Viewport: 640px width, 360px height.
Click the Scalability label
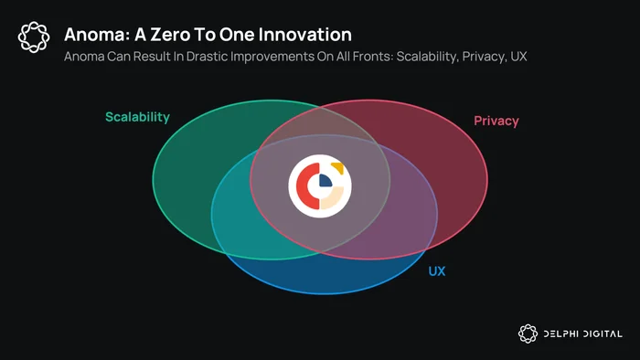tap(137, 118)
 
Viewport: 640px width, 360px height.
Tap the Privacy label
tap(496, 122)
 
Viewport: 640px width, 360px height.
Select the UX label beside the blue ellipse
tap(437, 271)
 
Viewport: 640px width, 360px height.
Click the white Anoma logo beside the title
tap(34, 37)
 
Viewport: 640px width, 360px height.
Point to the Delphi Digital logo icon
tap(528, 334)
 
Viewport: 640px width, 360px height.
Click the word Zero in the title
tap(169, 35)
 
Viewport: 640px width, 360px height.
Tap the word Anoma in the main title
tap(97, 35)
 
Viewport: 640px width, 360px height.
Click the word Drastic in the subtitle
tap(207, 57)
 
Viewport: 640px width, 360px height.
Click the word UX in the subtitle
tap(518, 57)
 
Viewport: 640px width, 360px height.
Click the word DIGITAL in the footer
tap(603, 334)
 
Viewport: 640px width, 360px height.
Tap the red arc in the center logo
tap(303, 185)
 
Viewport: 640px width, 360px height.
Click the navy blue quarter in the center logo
tap(325, 181)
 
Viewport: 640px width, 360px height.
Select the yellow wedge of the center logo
tap(338, 167)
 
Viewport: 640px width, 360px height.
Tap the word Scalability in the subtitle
tap(427, 57)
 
